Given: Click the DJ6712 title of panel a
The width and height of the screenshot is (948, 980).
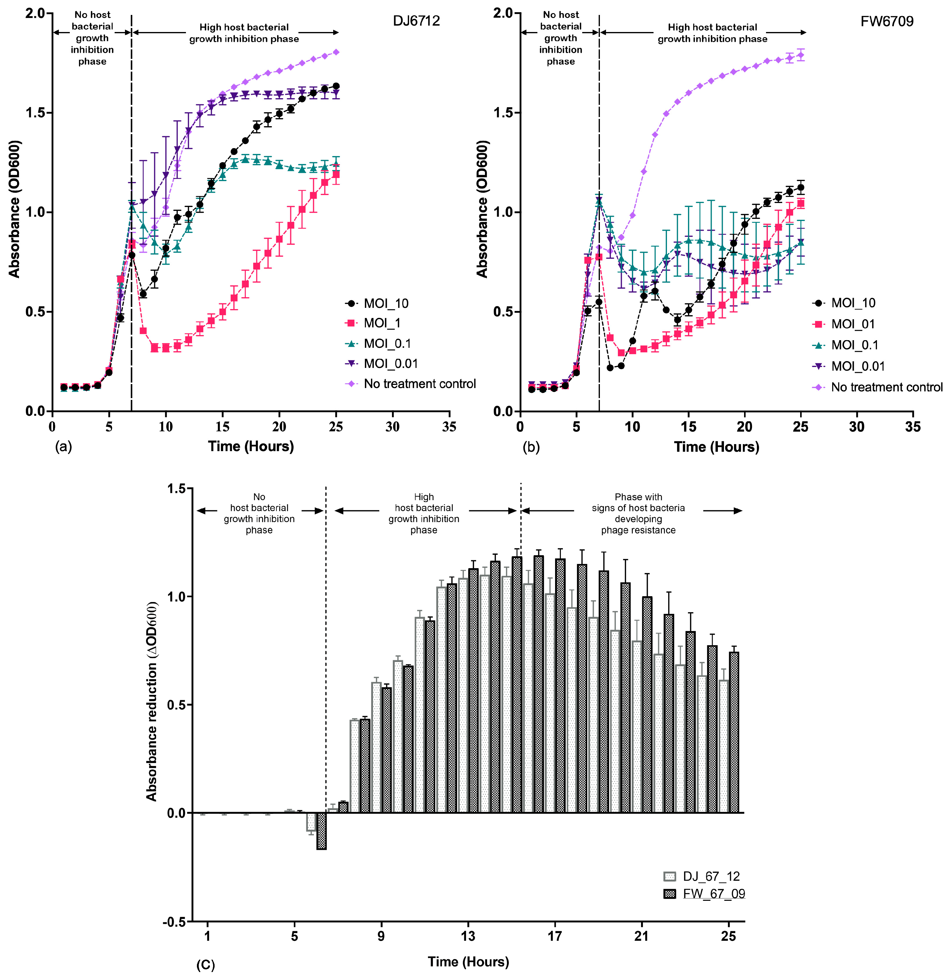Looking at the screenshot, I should pyautogui.click(x=416, y=21).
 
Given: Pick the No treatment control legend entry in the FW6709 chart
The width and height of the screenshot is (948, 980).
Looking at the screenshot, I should pyautogui.click(x=886, y=387).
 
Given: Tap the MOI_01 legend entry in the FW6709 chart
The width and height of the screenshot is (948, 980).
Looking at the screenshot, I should pyautogui.click(x=853, y=324).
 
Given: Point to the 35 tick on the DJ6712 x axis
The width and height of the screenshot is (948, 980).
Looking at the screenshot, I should pyautogui.click(x=449, y=426).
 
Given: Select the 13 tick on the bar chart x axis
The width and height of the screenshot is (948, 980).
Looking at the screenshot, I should pyautogui.click(x=468, y=936).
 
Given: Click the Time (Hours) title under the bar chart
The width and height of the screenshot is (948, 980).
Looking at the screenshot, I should pyautogui.click(x=468, y=961).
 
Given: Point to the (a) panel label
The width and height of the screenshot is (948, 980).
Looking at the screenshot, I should pyautogui.click(x=63, y=447).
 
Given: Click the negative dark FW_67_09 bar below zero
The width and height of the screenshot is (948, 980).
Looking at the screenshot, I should pyautogui.click(x=322, y=831).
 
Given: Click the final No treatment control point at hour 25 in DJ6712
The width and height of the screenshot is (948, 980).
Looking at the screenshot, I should pyautogui.click(x=336, y=52).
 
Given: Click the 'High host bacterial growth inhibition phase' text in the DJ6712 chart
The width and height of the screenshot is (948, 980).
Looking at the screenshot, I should pyautogui.click(x=244, y=33).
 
